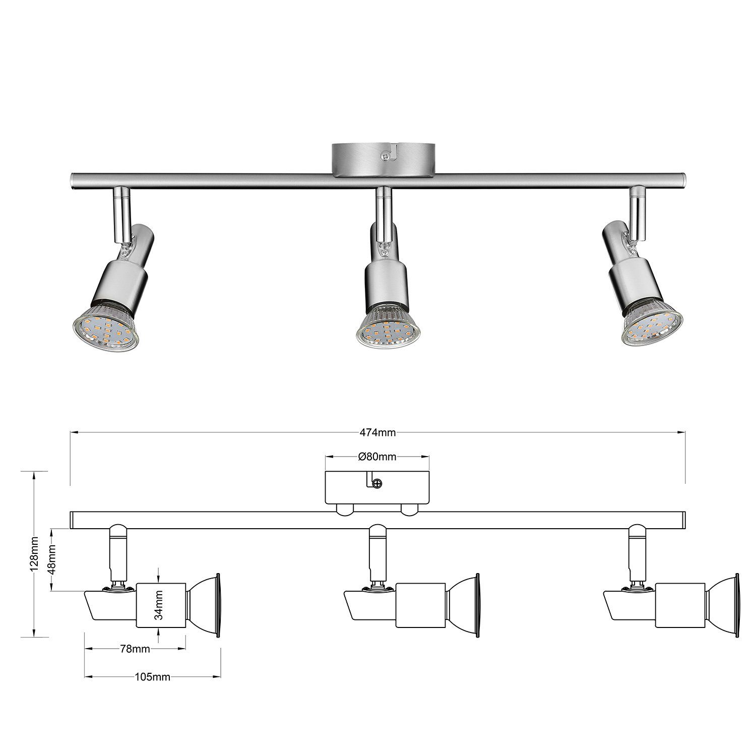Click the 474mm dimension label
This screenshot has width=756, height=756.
pyautogui.click(x=377, y=432)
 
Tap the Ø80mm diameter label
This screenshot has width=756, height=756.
pyautogui.click(x=377, y=457)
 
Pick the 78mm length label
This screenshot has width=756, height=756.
pyautogui.click(x=135, y=649)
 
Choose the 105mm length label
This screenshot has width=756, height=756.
pyautogui.click(x=153, y=677)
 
